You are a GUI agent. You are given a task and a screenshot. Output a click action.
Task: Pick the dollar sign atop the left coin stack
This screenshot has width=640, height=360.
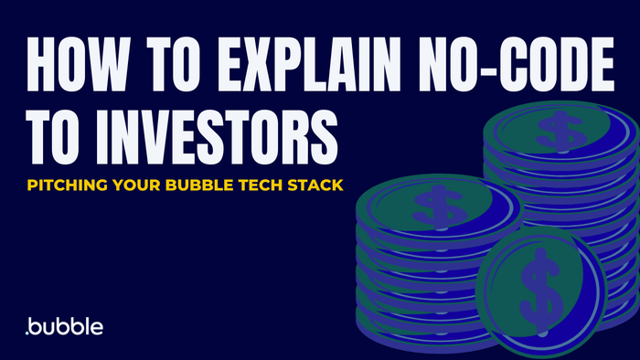pyautogui.click(x=429, y=204)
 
